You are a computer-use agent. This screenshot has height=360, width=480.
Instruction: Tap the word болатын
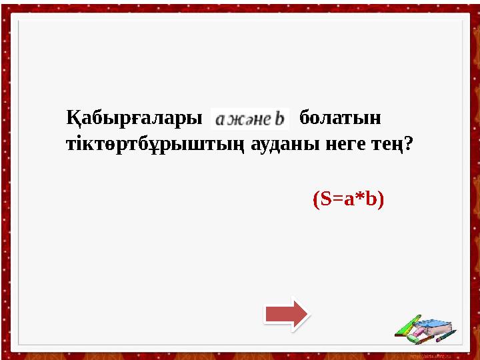coord(340,119)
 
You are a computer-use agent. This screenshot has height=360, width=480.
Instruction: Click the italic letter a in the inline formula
coord(221,119)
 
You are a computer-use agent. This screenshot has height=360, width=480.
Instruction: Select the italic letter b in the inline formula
coord(279,118)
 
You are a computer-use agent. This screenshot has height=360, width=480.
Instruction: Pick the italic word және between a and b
coord(249,119)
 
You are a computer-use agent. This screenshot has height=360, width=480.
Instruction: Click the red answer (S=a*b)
coord(348,199)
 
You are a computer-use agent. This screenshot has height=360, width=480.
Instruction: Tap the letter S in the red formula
coord(325,199)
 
